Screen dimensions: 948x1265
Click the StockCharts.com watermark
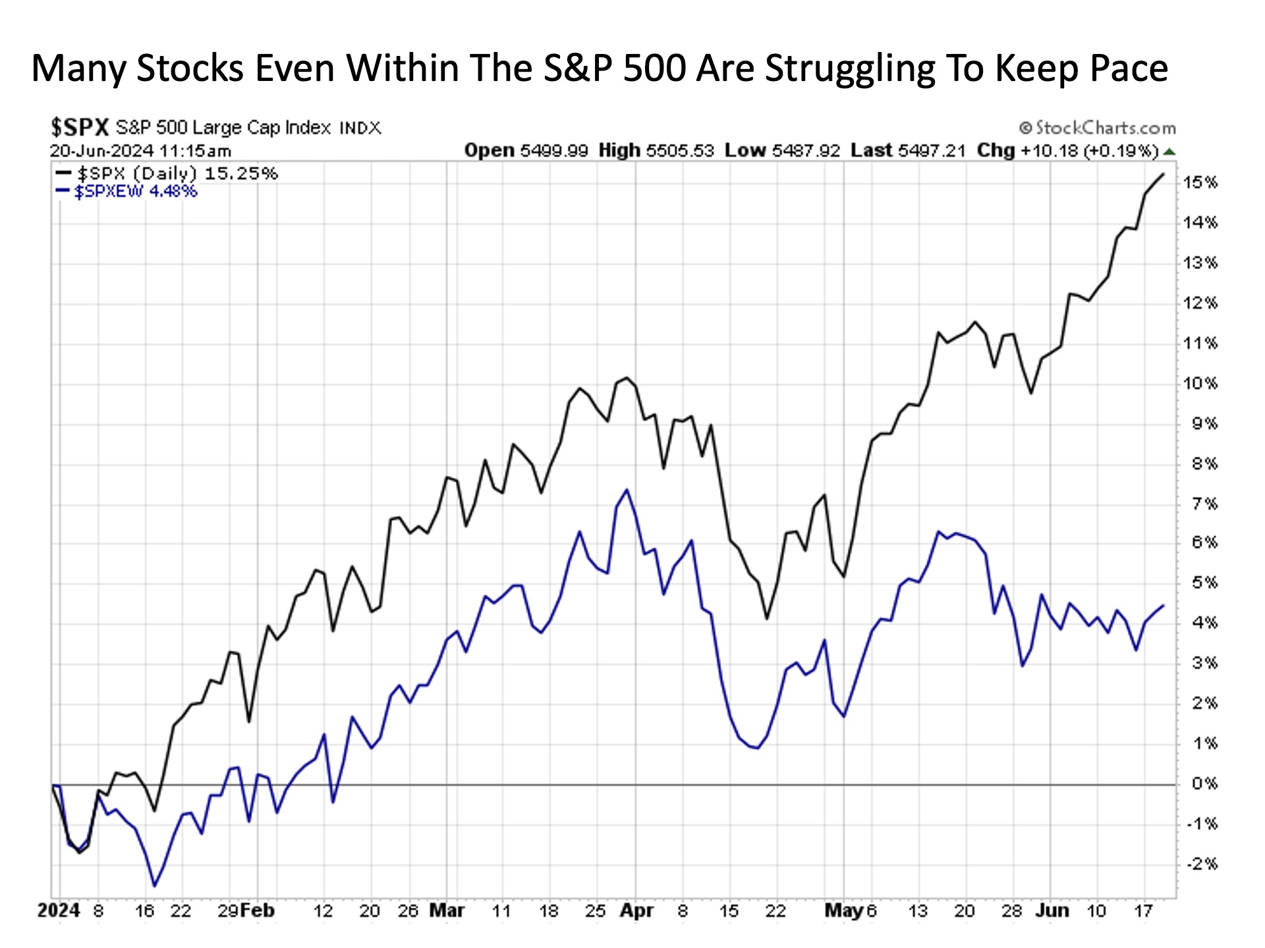pos(1098,127)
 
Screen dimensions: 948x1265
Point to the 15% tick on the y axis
pos(1200,182)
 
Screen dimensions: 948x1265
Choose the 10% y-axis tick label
pos(1200,383)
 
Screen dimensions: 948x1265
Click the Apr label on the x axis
pos(636,910)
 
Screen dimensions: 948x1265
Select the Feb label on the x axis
pos(257,910)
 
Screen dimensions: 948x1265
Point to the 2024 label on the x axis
pos(59,910)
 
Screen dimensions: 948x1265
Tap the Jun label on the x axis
pos(1052,910)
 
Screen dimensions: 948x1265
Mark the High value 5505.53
pos(679,151)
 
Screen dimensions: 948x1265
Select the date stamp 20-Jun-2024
pos(101,151)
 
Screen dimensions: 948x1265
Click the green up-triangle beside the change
pos(1169,151)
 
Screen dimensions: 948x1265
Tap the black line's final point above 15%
pos(1164,174)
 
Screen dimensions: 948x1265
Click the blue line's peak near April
pos(627,490)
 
